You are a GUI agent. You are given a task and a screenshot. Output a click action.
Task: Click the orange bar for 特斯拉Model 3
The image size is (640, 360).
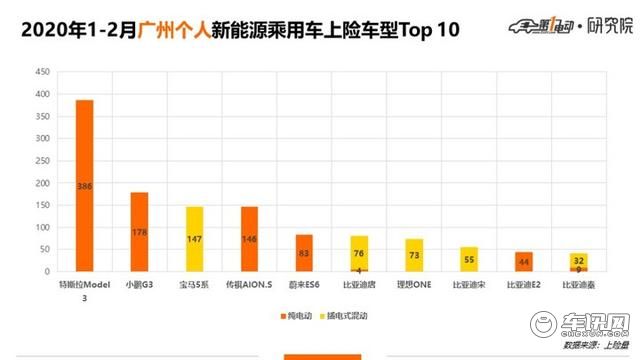[84, 186]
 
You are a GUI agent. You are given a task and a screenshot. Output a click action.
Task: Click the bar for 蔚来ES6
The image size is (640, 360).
[304, 253]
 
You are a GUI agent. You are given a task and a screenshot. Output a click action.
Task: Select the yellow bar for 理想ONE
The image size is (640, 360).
[414, 255]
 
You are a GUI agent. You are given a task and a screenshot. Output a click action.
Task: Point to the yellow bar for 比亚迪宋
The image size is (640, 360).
[469, 259]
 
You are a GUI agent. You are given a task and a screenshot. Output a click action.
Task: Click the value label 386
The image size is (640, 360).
[84, 186]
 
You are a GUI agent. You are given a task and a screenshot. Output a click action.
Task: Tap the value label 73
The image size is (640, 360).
[414, 256]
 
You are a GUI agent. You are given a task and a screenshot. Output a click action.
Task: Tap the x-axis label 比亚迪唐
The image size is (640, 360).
[359, 285]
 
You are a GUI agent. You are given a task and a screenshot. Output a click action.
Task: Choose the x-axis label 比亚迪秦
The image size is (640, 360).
[579, 285]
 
